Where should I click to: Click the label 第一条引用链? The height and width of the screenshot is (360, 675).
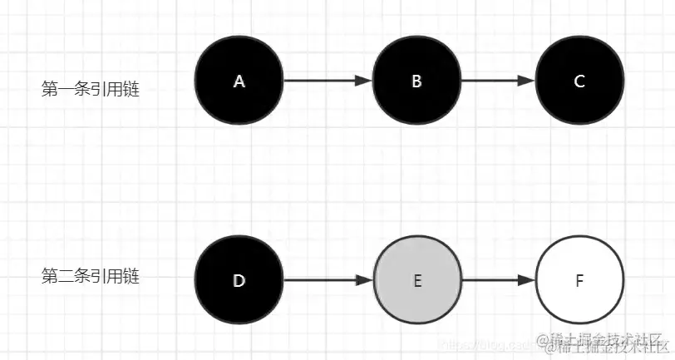[91, 89]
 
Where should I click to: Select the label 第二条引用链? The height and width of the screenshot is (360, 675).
[91, 276]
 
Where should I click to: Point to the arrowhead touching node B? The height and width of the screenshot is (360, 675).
[364, 81]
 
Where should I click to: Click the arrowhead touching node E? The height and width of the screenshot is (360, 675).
[364, 281]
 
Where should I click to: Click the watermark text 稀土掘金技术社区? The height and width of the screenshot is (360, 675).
[606, 342]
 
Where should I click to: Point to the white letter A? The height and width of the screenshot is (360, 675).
[239, 81]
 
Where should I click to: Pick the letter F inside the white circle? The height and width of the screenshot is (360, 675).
[579, 281]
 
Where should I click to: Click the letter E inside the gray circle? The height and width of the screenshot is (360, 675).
[416, 281]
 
